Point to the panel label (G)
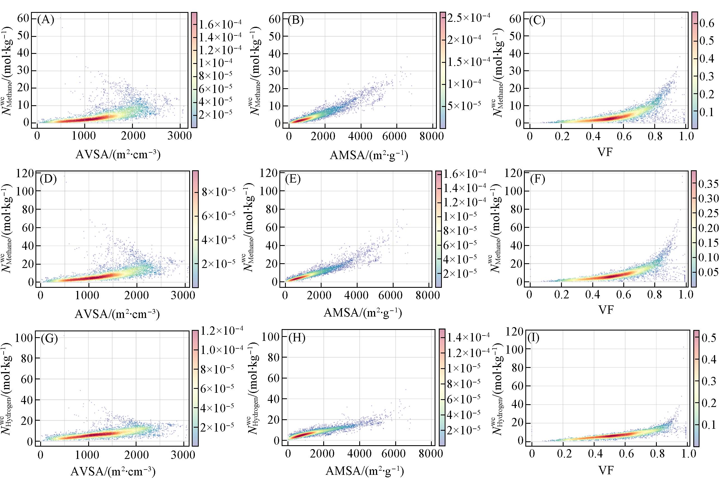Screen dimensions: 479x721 [x=49, y=339]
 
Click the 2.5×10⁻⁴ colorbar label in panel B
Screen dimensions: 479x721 [x=468, y=18]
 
